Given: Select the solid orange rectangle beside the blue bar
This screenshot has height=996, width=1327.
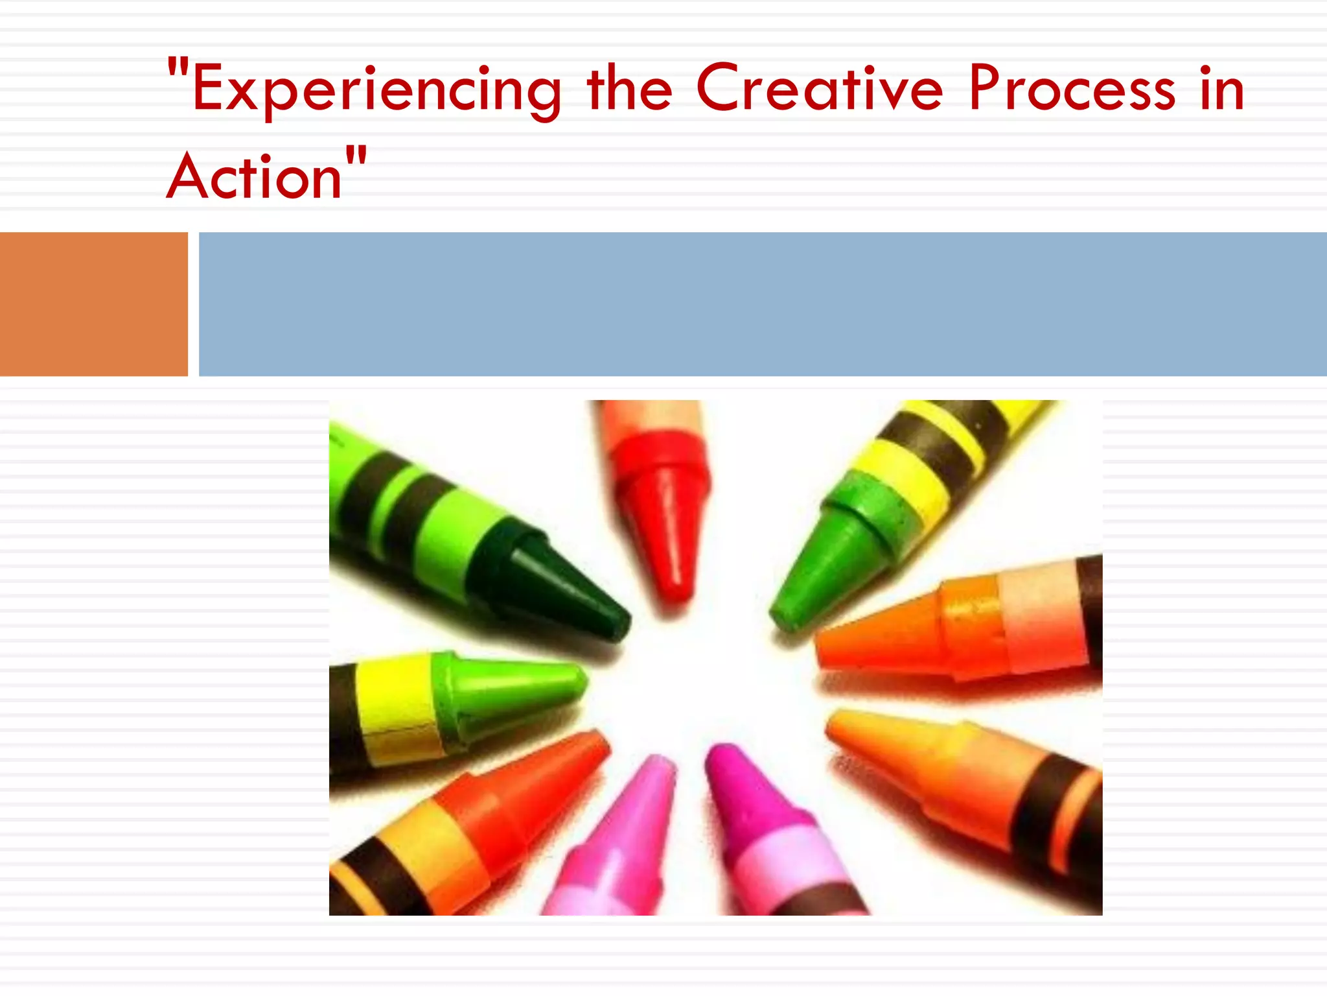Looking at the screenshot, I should pyautogui.click(x=93, y=303).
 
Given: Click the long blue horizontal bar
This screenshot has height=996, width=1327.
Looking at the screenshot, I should pyautogui.click(x=762, y=303).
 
